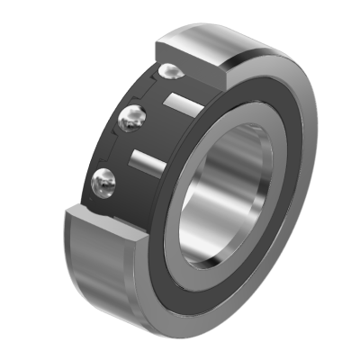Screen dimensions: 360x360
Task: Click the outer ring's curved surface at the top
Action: (x=225, y=40)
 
